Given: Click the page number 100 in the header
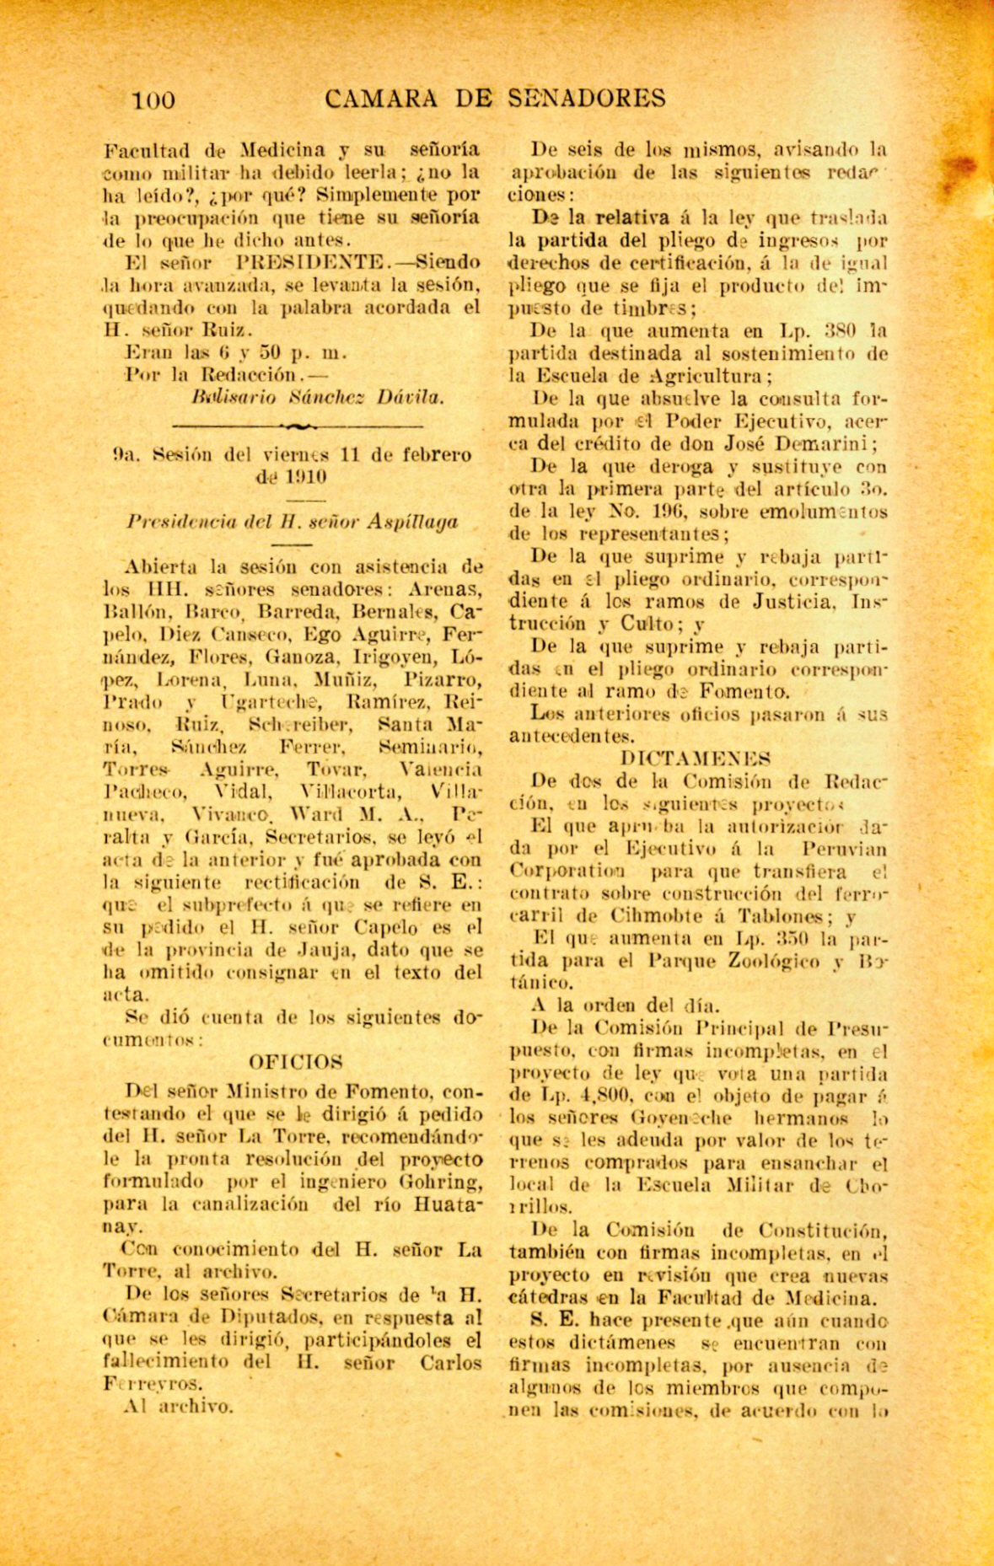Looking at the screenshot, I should (153, 100).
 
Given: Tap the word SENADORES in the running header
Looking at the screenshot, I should (587, 99).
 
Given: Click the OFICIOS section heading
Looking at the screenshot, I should (296, 1062).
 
